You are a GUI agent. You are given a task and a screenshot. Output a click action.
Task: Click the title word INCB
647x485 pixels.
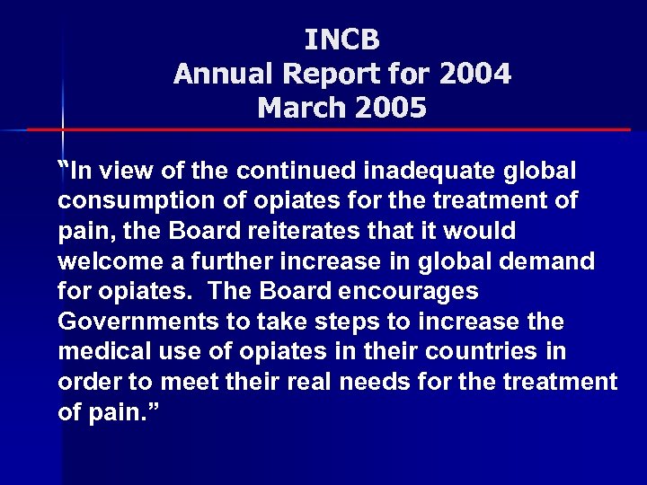(342, 40)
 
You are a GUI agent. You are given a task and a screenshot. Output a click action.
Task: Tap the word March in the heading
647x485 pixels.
(298, 108)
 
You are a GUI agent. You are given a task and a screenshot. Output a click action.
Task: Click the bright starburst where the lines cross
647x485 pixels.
(62, 129)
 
